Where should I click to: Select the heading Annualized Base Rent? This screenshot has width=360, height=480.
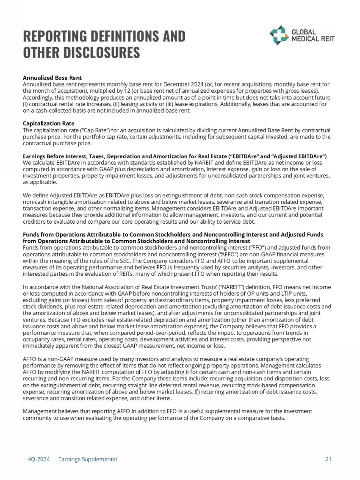(52, 78)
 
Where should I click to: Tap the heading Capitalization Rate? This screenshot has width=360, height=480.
(48, 124)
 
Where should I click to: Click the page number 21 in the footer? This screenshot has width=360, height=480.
(328, 459)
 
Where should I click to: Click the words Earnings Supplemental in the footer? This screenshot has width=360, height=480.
(87, 459)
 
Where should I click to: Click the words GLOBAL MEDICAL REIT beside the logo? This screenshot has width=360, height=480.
(313, 35)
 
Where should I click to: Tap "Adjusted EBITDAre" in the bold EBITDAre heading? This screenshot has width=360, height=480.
(306, 156)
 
